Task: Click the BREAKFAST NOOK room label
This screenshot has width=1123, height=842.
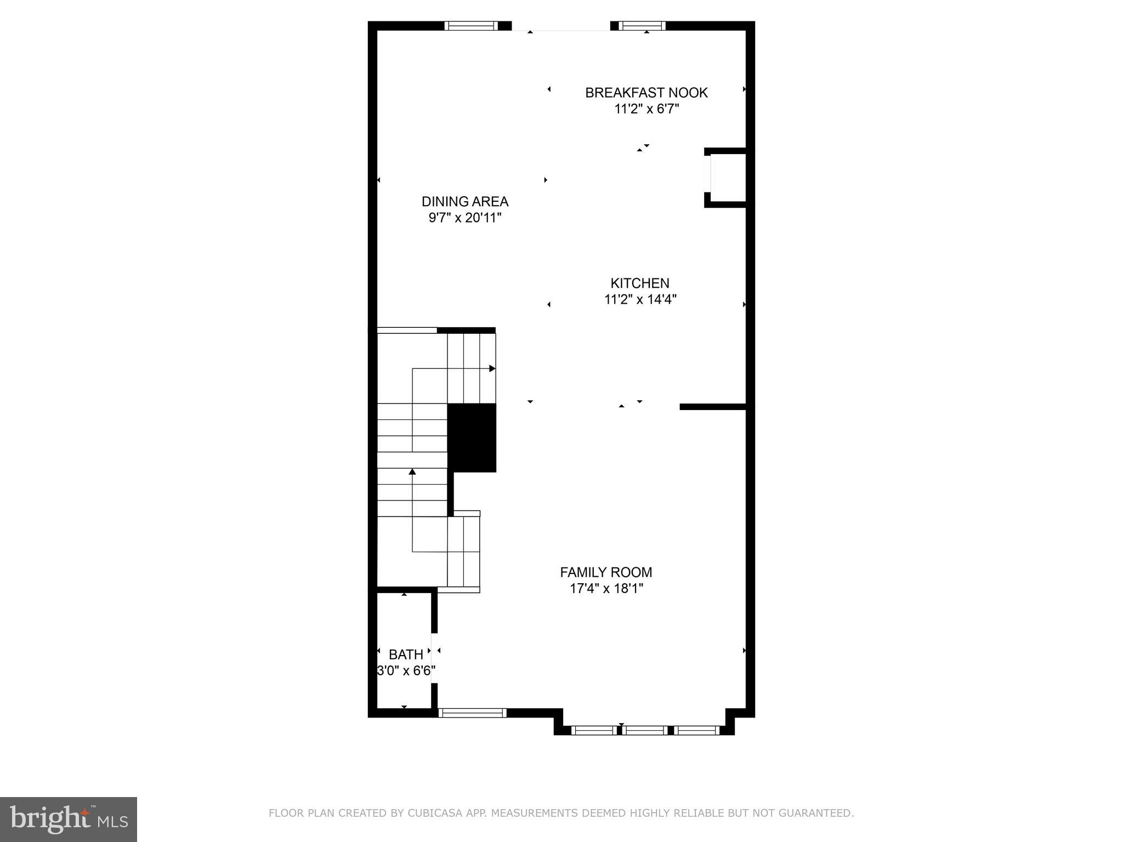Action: [x=646, y=93]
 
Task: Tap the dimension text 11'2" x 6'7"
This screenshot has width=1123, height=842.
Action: [x=646, y=109]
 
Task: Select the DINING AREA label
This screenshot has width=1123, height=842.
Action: [x=464, y=201]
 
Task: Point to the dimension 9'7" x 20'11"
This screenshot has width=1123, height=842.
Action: [x=464, y=218]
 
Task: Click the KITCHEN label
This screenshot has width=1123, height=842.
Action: [x=639, y=283]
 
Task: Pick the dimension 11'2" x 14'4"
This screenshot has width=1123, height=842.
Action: [x=640, y=299]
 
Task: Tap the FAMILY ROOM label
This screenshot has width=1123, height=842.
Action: [x=605, y=572]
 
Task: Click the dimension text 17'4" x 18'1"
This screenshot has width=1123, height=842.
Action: [x=605, y=589]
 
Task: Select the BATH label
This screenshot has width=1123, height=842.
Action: [x=405, y=655]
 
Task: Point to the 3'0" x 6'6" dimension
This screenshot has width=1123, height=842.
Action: [x=406, y=670]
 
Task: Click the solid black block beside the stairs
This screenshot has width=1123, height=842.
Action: [x=472, y=437]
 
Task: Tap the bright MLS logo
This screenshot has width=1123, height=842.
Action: [x=68, y=819]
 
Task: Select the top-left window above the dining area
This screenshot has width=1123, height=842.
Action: [x=470, y=25]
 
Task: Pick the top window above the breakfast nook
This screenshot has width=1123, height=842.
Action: [x=641, y=25]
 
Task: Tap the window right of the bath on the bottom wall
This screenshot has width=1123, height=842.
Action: [x=472, y=713]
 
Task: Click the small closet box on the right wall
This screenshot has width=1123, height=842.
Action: [x=727, y=178]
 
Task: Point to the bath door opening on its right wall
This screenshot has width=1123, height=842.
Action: [x=434, y=658]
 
